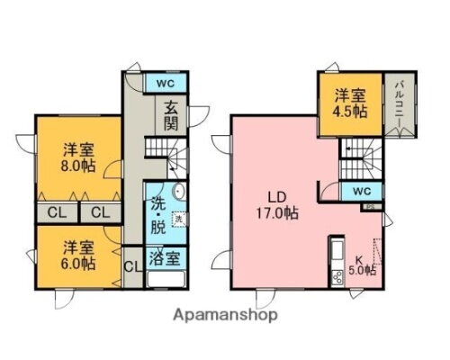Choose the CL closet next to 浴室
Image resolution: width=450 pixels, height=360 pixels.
coord(130,266)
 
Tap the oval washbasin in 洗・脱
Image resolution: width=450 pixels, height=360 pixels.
coord(177,192)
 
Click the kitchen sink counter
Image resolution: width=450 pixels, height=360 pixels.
coord(337,262)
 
